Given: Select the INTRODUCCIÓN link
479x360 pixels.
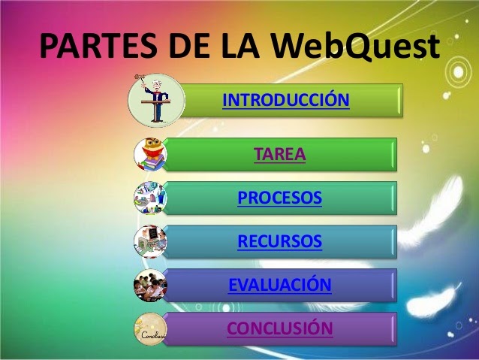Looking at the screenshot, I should [287, 100].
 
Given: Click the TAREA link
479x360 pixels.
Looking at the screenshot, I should [280, 155].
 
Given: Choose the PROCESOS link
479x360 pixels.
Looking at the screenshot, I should [279, 198].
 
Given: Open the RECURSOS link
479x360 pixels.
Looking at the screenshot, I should [279, 242].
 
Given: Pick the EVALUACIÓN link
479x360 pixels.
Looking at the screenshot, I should [279, 286].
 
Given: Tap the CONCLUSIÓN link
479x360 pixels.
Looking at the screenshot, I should [279, 328].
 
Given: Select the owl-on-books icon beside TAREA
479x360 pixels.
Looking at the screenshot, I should [151, 155].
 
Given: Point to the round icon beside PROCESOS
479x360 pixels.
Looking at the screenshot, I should [151, 198].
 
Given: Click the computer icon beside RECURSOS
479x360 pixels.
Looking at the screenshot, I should [151, 242].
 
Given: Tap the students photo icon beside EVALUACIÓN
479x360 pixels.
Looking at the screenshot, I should [151, 286].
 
